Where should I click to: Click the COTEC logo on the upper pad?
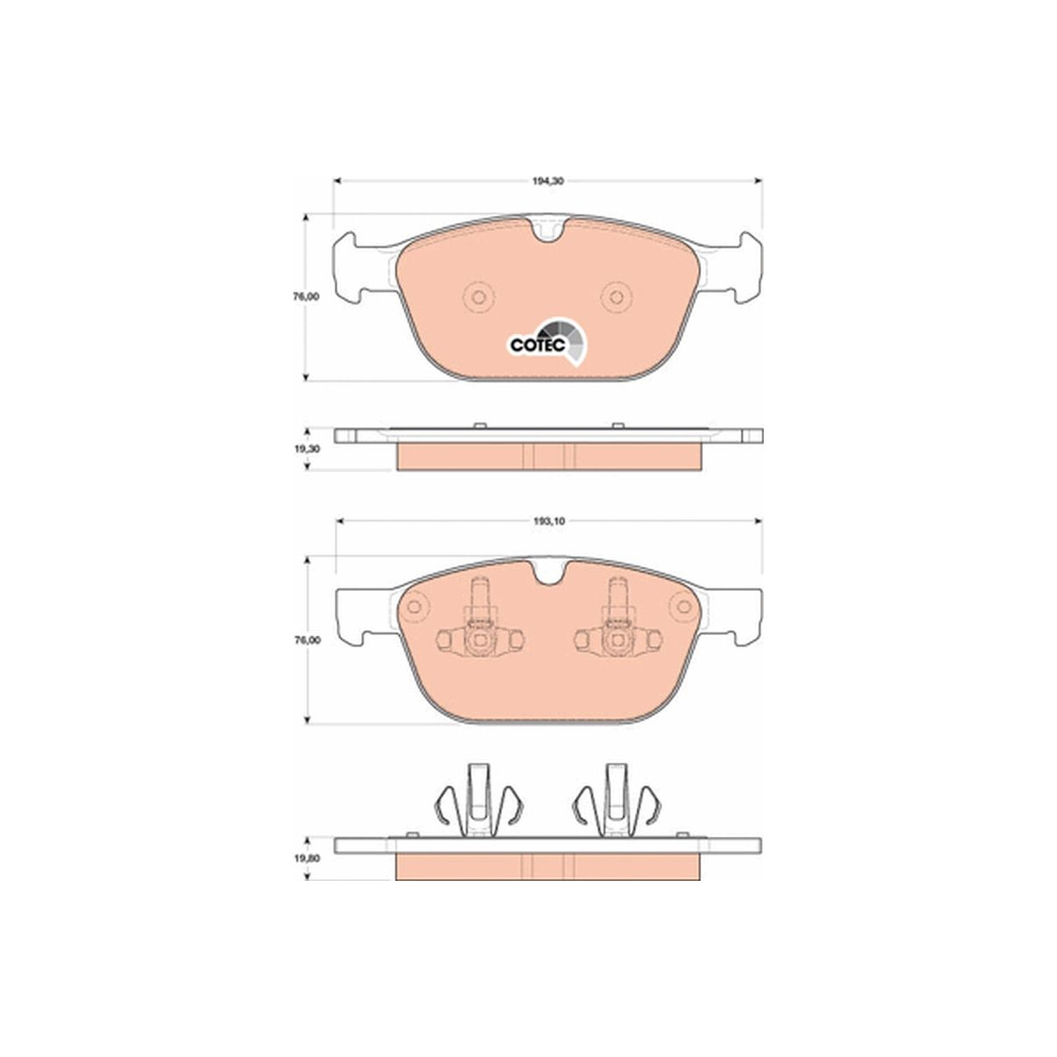[546, 341]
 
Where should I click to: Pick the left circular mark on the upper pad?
[479, 298]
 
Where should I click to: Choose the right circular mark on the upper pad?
[617, 298]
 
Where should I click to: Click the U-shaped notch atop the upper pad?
[549, 231]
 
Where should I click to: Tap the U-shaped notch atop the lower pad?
[549, 573]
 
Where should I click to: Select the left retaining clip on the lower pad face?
[480, 625]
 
